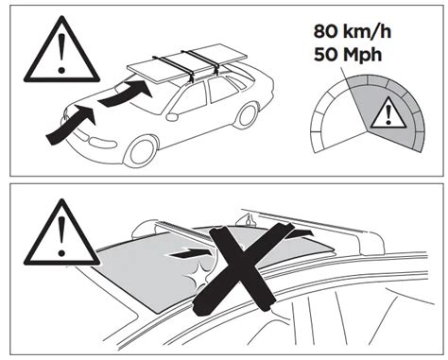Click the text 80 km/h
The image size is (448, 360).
353,32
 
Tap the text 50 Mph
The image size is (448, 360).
348,55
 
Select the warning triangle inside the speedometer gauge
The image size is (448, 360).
388,112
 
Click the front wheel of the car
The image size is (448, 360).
141,151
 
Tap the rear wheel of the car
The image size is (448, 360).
246,114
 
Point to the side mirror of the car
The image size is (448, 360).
172,117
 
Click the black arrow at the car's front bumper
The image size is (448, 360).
71,125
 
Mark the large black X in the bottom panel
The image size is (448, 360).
244,268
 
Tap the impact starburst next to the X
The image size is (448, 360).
198,276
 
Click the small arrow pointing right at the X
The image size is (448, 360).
190,252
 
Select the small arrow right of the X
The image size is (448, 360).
300,234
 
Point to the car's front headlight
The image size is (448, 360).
101,143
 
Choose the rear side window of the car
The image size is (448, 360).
222,89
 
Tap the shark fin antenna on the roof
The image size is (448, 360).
248,219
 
